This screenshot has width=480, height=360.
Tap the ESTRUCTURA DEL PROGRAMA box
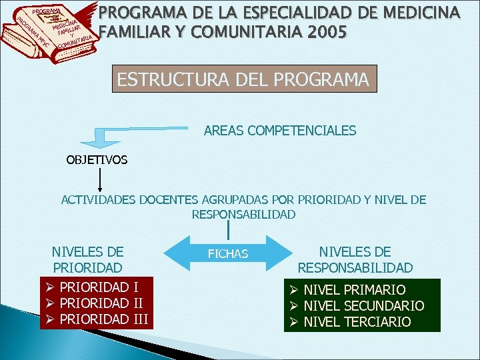[243, 79]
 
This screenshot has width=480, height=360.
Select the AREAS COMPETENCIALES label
[280, 131]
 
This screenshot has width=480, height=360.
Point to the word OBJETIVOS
[97, 160]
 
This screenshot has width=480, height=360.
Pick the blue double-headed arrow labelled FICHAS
[228, 253]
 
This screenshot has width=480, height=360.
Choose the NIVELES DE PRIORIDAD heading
[87, 259]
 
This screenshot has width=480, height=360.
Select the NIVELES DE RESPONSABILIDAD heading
[355, 259]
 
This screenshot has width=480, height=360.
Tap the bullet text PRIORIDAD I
[99, 287]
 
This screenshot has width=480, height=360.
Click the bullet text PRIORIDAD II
[101, 303]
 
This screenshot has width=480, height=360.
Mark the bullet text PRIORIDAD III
[104, 319]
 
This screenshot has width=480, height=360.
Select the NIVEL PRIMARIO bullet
[354, 289]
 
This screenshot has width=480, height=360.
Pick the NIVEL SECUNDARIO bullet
[363, 306]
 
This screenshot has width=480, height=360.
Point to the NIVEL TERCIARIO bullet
[357, 322]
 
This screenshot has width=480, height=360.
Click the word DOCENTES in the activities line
[175, 199]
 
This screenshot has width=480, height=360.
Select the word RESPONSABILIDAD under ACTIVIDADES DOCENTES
[243, 214]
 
